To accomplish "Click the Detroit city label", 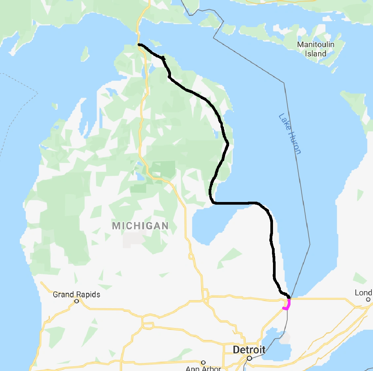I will pyautogui.click(x=249, y=350).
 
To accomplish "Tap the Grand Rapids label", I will pyautogui.click(x=76, y=294).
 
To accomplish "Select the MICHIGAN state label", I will pyautogui.click(x=140, y=226).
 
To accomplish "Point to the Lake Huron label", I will pyautogui.click(x=289, y=133).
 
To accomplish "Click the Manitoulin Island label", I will pyautogui.click(x=316, y=49).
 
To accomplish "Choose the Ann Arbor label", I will pyautogui.click(x=203, y=368).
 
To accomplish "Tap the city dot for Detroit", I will pyautogui.click(x=250, y=358).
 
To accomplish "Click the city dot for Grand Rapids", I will pyautogui.click(x=77, y=301).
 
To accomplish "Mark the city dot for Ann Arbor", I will pyautogui.click(x=203, y=362).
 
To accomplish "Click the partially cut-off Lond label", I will pyautogui.click(x=363, y=293).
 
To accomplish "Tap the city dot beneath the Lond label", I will pyautogui.click(x=368, y=299).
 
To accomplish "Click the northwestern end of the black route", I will pyautogui.click(x=139, y=44).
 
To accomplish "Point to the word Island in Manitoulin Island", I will pyautogui.click(x=316, y=53).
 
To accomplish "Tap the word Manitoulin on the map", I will pyautogui.click(x=316, y=44).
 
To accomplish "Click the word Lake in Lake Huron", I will pyautogui.click(x=284, y=121).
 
